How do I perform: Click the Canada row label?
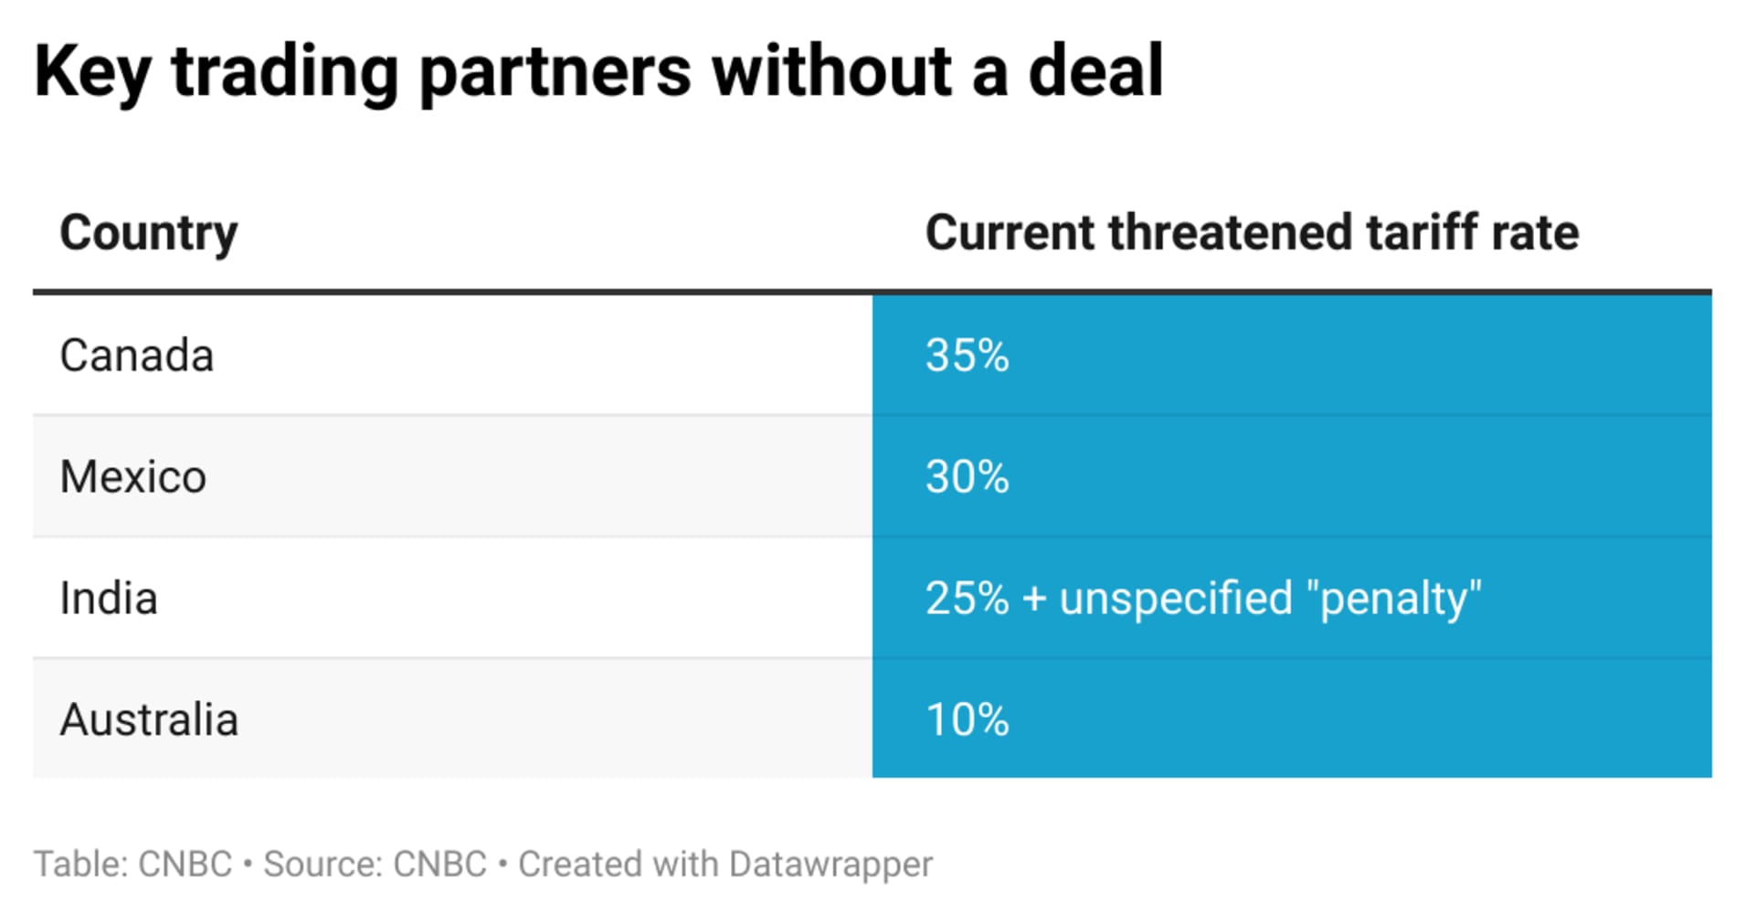click(136, 356)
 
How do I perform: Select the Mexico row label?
click(132, 477)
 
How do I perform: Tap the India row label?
click(108, 599)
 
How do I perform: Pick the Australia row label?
click(149, 720)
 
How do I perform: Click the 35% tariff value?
click(967, 356)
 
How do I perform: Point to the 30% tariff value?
click(967, 477)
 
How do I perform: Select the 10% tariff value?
click(967, 720)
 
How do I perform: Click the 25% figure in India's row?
click(967, 599)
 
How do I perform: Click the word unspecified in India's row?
click(1176, 599)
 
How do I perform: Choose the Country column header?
click(148, 233)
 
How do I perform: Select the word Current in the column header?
click(1009, 232)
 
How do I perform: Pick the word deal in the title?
click(1095, 71)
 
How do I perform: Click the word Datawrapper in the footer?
click(830, 864)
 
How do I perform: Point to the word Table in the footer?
click(80, 864)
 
